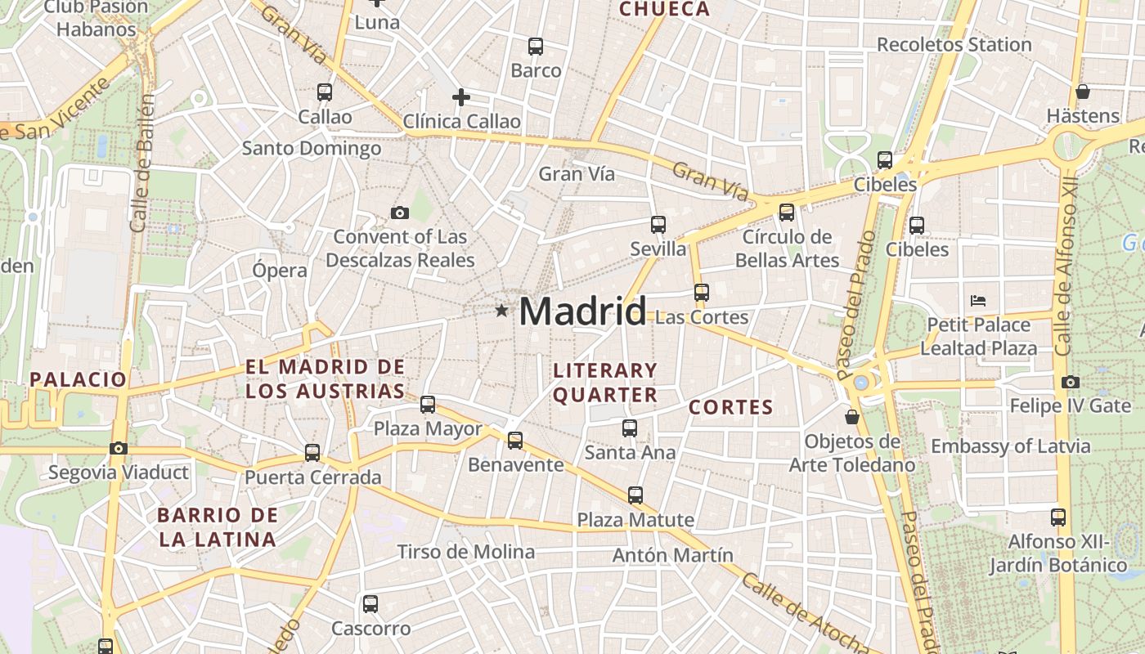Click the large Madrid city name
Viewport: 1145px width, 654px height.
coord(582,311)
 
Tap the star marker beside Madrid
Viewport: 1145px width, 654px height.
coord(501,311)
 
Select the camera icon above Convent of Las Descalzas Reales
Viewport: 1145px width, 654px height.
coord(399,213)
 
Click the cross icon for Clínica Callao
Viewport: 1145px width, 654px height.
coord(461,98)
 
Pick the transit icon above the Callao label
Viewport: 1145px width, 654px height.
coord(325,92)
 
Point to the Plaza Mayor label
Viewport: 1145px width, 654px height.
coord(428,428)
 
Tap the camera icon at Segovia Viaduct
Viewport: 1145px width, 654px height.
coord(119,449)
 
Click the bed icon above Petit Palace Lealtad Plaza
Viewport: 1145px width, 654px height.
coord(978,301)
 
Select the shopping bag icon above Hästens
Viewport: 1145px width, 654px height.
coord(1083,92)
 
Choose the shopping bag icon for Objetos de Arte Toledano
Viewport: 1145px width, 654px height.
coord(852,417)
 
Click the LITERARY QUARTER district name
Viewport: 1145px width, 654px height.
coord(605,383)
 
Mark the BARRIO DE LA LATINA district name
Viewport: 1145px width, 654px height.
coord(218,527)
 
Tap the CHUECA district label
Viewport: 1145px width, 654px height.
coord(664,10)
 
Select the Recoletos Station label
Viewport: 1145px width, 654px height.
coord(954,45)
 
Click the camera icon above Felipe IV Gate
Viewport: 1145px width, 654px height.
coord(1070,383)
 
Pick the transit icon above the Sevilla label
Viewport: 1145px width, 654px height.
coord(658,225)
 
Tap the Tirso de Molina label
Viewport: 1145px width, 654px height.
coord(466,552)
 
